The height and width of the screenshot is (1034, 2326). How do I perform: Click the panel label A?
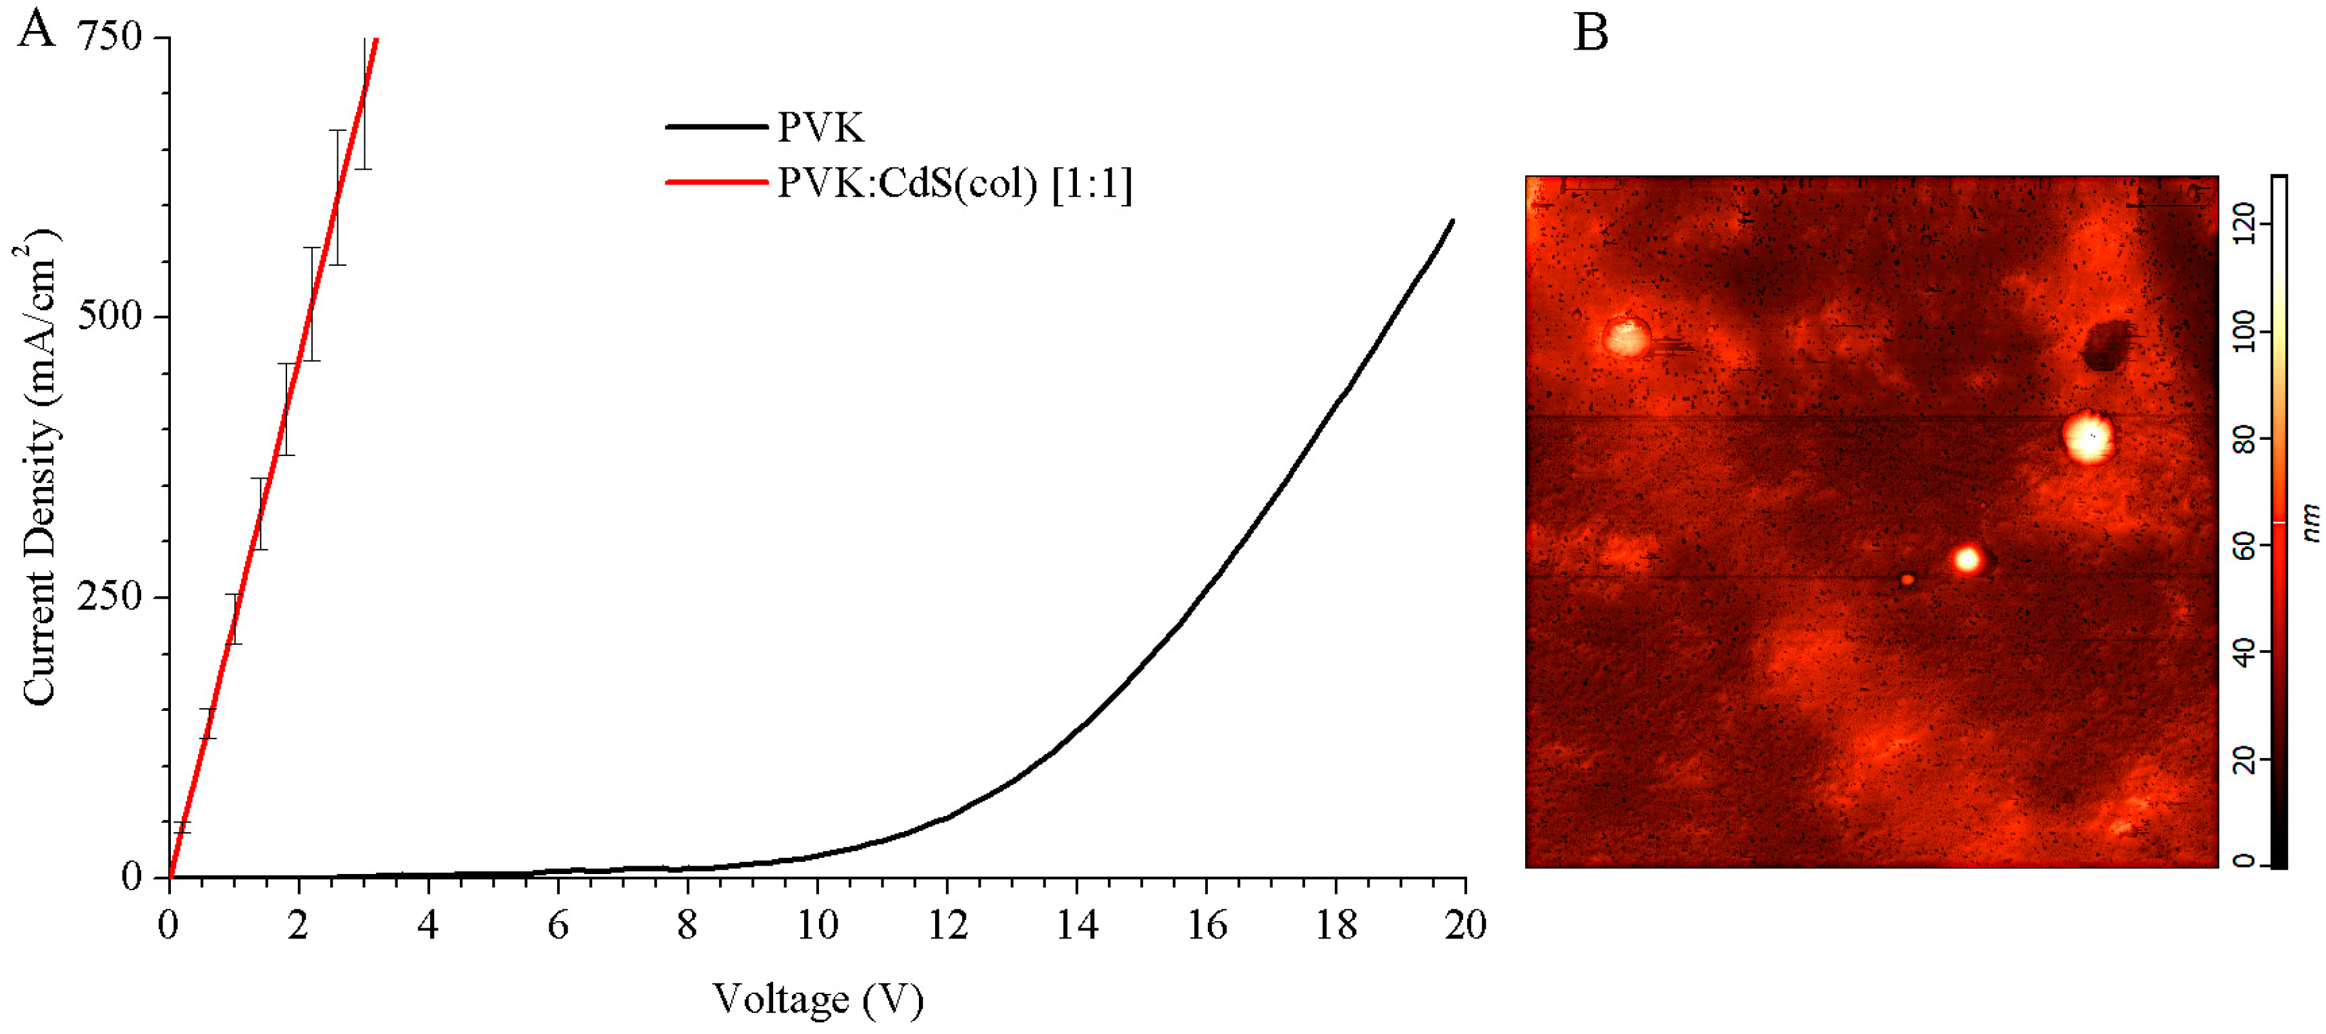point(37,29)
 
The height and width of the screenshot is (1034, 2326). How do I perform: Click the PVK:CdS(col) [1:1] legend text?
point(954,184)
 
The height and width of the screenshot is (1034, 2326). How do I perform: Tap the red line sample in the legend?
point(716,183)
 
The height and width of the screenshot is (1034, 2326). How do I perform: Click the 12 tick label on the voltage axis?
point(947,926)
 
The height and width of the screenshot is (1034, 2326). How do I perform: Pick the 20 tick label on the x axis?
point(1464,926)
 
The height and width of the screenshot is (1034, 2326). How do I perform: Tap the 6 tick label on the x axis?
point(558,926)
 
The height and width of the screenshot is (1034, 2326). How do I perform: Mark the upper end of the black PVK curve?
point(1452,221)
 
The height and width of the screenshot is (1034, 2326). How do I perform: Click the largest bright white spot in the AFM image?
point(2089,437)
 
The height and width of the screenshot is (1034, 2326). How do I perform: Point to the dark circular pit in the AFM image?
point(2105,345)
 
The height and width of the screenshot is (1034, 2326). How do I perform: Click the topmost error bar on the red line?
point(363,104)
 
